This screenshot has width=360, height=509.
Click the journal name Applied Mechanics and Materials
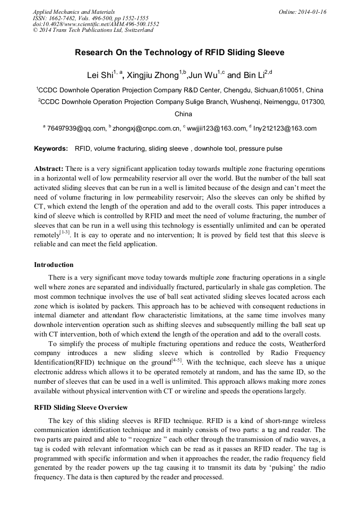(73, 12)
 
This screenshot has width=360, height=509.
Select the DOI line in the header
(96, 24)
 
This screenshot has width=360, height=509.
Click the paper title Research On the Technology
(179, 53)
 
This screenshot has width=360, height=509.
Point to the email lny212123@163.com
(285, 128)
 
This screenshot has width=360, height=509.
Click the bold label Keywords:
(51, 149)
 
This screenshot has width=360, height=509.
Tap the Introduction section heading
(54, 265)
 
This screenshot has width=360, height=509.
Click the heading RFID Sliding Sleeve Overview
(81, 408)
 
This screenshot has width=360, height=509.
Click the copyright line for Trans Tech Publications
(93, 30)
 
